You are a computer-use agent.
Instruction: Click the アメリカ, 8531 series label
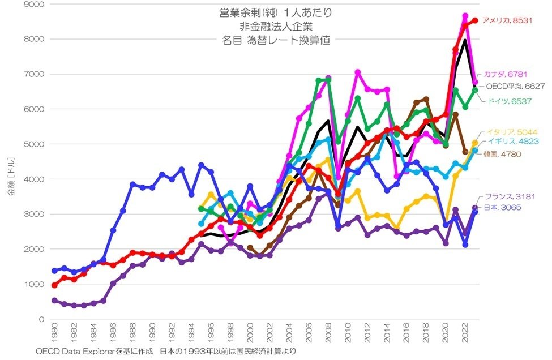[x=505, y=20]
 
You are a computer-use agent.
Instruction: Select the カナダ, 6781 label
[x=506, y=74]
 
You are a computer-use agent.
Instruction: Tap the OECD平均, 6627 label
[x=515, y=87]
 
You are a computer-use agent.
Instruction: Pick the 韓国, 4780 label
[x=502, y=154]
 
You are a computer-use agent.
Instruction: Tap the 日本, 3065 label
[x=502, y=208]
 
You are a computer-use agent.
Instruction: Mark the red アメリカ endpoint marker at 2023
[x=475, y=20]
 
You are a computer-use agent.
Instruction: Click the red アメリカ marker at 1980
[x=54, y=285]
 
